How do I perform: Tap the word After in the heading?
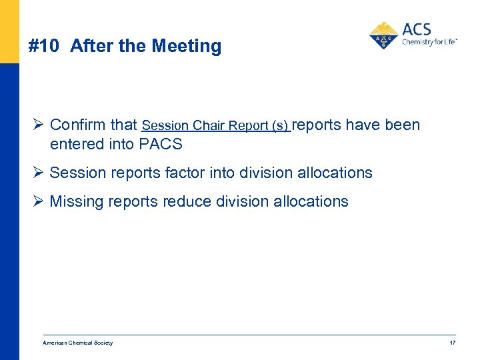(x=89, y=46)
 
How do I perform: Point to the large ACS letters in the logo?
(x=417, y=29)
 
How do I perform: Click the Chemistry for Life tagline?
(x=429, y=42)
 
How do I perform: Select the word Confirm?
(x=77, y=125)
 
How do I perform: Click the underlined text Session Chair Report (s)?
(x=216, y=125)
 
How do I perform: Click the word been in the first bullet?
(x=403, y=125)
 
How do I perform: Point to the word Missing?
(x=77, y=201)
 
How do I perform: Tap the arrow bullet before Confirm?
(x=37, y=125)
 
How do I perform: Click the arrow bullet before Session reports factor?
(x=37, y=173)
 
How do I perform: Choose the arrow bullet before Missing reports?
(x=37, y=201)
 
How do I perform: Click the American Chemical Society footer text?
(x=78, y=343)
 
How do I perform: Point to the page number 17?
(x=452, y=343)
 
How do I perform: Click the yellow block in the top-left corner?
(x=9, y=31)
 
